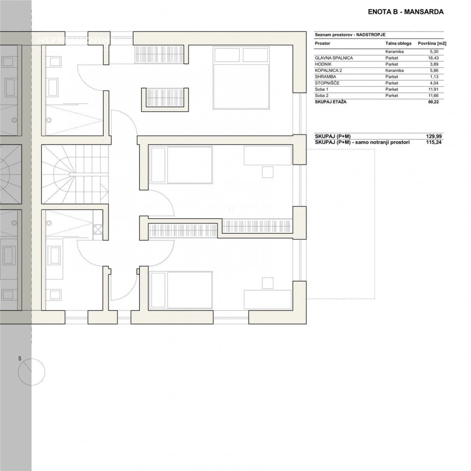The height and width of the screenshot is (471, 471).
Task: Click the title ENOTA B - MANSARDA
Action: click(x=406, y=12)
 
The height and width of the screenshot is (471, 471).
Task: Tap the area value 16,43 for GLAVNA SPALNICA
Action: click(x=434, y=58)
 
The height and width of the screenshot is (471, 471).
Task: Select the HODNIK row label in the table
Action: click(x=323, y=64)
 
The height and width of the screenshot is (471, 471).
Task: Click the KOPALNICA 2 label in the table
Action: click(x=328, y=70)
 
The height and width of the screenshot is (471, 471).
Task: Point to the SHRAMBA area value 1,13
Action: click(x=434, y=77)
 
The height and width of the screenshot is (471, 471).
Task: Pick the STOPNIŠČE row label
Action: click(x=327, y=83)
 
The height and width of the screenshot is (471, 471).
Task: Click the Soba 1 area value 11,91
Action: click(x=434, y=90)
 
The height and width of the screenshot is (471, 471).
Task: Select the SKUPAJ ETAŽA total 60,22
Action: click(x=434, y=102)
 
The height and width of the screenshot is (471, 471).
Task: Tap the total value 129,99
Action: click(x=434, y=136)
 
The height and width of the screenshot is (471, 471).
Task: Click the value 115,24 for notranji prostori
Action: click(x=434, y=142)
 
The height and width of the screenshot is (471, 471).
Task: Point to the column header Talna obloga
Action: click(x=399, y=43)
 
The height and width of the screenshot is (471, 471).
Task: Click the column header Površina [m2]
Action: click(x=432, y=43)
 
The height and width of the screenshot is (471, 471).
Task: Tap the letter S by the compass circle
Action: click(x=20, y=359)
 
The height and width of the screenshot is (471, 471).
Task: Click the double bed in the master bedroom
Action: click(x=241, y=78)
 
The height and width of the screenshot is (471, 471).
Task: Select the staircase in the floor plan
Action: click(x=75, y=174)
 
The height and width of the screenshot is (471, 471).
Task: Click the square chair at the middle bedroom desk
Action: click(x=268, y=172)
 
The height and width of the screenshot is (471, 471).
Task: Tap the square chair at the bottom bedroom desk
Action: click(x=268, y=283)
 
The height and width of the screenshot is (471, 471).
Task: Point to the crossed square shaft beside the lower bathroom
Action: click(x=98, y=230)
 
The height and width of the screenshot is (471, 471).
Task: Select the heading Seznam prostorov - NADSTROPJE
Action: click(x=350, y=35)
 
